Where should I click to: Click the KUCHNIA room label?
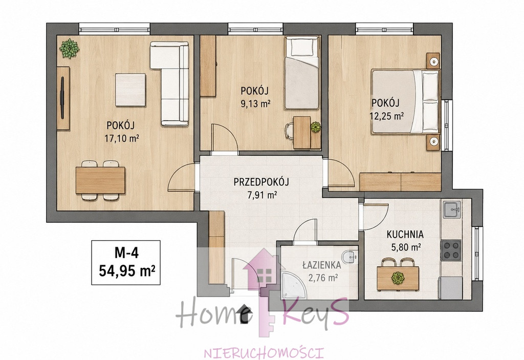pyautogui.click(x=405, y=234)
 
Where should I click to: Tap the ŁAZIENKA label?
pyautogui.click(x=322, y=265)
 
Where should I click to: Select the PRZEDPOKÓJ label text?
pyautogui.click(x=261, y=182)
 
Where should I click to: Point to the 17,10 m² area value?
pyautogui.click(x=122, y=138)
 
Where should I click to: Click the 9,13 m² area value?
pyautogui.click(x=255, y=104)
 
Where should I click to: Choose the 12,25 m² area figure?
pyautogui.click(x=386, y=116)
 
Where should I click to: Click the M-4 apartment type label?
pyautogui.click(x=126, y=253)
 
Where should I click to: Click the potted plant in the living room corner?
pyautogui.click(x=70, y=49)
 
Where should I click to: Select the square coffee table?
pyautogui.click(x=130, y=90)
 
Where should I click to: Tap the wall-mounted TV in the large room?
pyautogui.click(x=62, y=98)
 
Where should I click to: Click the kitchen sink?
pyautogui.click(x=452, y=210)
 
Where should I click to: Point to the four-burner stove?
pyautogui.click(x=451, y=250)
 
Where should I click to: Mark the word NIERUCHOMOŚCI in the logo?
pyautogui.click(x=264, y=353)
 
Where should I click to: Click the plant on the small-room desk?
pyautogui.click(x=315, y=127)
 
